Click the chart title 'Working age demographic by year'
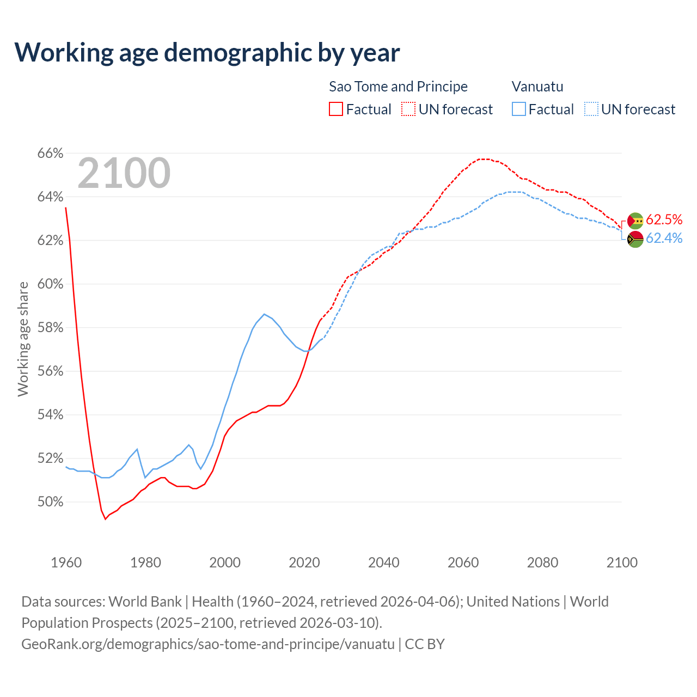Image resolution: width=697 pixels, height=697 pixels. [x=207, y=52]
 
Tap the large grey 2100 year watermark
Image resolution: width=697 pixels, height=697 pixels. [x=124, y=173]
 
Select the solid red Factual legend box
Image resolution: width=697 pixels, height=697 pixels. [x=336, y=109]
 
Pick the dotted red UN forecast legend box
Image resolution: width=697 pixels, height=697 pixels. [x=408, y=109]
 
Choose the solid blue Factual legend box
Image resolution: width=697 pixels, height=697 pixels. [x=519, y=109]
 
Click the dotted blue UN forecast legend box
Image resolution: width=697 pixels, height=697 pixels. [x=591, y=109]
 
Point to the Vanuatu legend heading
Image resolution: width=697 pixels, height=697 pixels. [x=537, y=87]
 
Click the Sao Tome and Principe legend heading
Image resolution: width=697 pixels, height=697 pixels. [x=398, y=87]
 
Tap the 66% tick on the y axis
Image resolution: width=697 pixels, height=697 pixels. [x=50, y=154]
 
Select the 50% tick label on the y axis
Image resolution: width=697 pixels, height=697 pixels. [x=50, y=502]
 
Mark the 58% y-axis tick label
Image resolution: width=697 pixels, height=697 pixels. [x=50, y=328]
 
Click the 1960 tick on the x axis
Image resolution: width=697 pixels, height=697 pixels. [x=66, y=563]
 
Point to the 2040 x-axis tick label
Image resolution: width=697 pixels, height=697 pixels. [x=384, y=563]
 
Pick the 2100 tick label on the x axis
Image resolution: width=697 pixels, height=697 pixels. [x=622, y=563]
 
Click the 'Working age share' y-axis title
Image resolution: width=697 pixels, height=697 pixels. [x=23, y=339]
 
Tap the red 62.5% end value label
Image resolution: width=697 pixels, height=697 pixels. [x=664, y=219]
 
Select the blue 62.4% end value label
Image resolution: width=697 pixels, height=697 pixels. [x=664, y=238]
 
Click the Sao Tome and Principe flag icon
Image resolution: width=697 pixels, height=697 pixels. [x=635, y=221]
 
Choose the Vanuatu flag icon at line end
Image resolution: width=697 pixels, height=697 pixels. [x=635, y=239]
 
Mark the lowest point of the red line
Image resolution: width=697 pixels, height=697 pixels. [x=106, y=519]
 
